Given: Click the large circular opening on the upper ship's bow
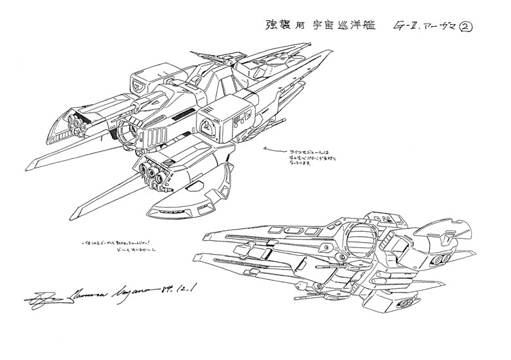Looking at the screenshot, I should point(128,131).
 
